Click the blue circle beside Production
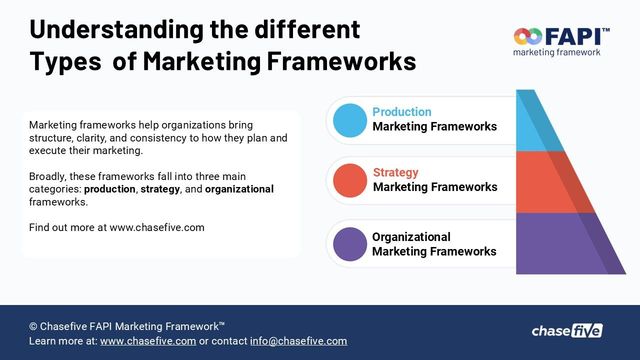(x=350, y=120)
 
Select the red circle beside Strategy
(x=350, y=180)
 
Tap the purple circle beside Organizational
(x=350, y=244)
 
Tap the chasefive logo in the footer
(x=567, y=330)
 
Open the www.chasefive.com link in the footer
(x=147, y=341)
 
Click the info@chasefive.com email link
(x=298, y=341)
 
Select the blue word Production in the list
(x=402, y=112)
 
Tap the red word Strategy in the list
(x=396, y=173)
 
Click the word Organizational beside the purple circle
(x=411, y=237)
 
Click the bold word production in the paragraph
(x=110, y=188)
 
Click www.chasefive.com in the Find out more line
(x=157, y=227)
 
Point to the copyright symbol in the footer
(x=34, y=326)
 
